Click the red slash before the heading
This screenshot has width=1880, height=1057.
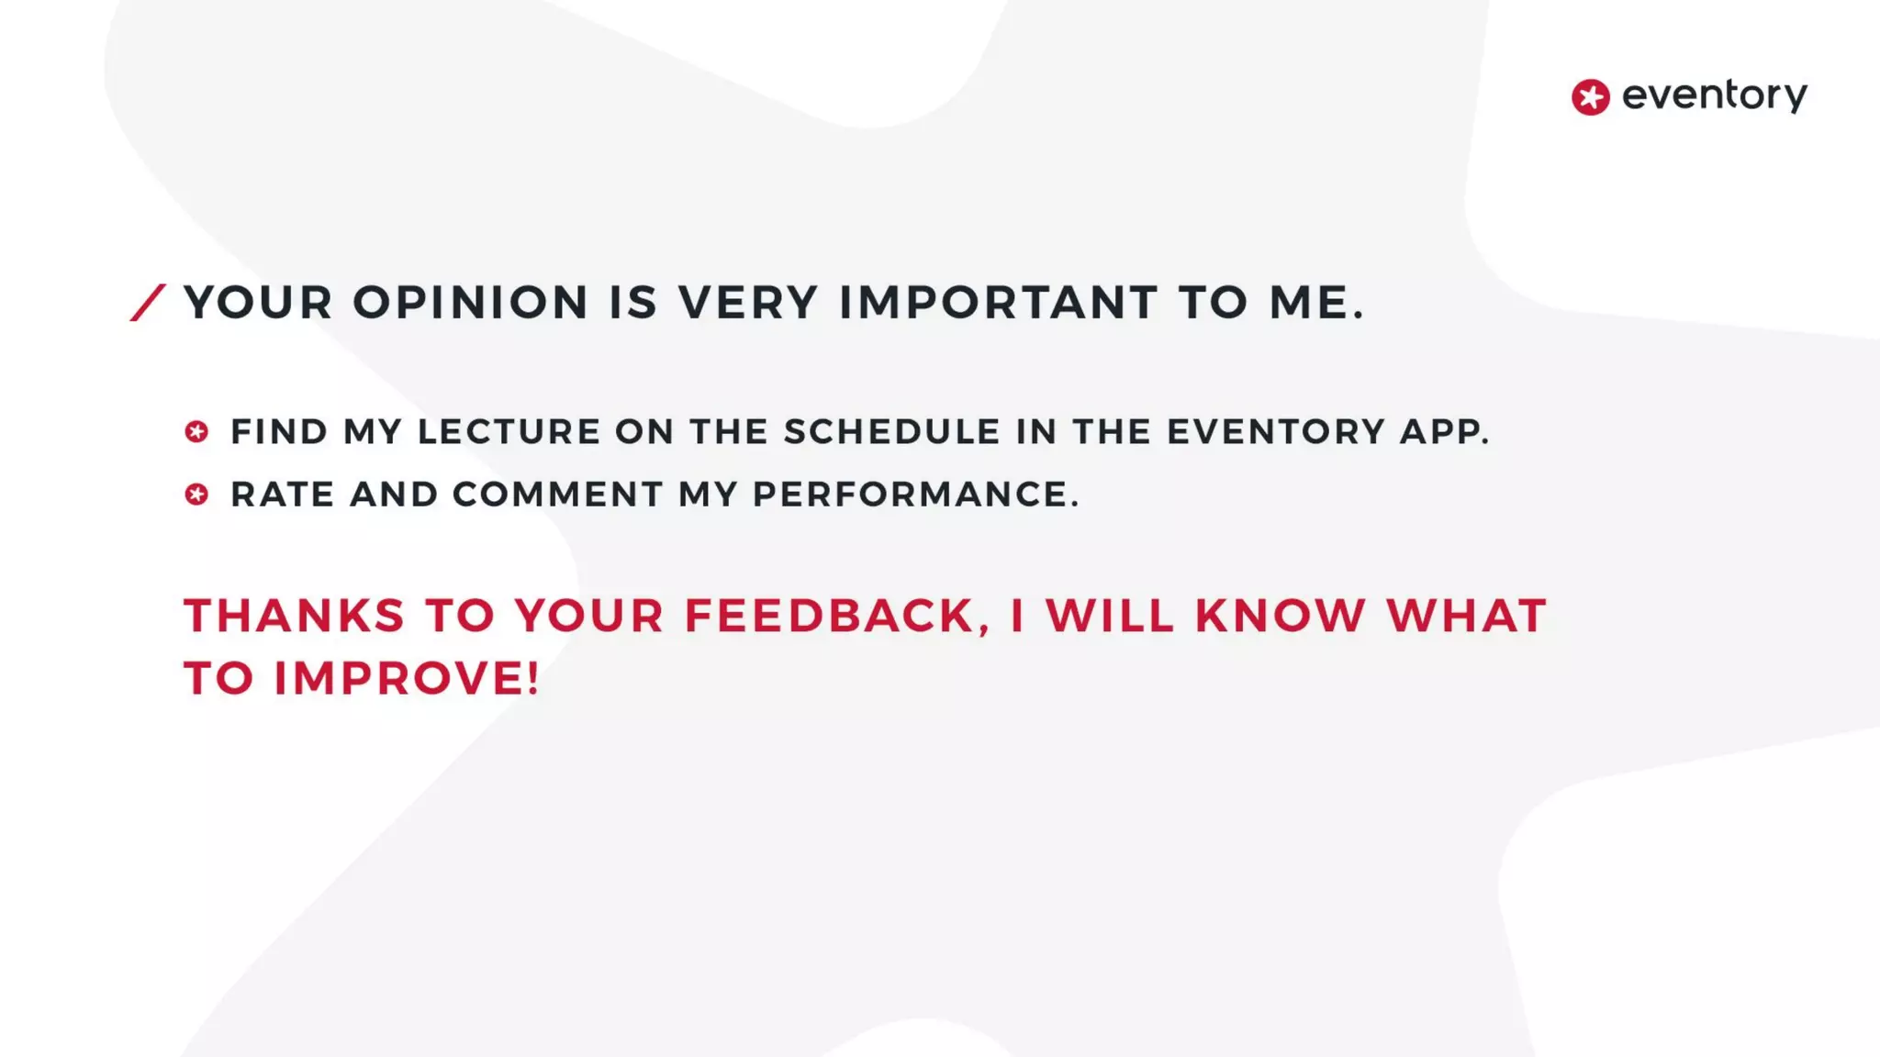click(148, 303)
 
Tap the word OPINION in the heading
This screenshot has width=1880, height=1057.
click(470, 303)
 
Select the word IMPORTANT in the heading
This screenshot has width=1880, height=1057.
click(999, 303)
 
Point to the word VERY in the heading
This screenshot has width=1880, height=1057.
click(747, 303)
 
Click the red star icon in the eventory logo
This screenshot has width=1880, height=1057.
click(1590, 97)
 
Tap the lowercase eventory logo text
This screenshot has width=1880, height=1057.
click(1714, 95)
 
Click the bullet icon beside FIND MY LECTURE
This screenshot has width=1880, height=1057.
click(196, 431)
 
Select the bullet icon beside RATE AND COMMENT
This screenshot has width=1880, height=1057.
click(196, 495)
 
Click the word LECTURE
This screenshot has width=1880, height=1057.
click(509, 431)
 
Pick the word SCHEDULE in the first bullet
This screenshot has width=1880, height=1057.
click(891, 431)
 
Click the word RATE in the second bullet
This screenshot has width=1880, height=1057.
click(282, 495)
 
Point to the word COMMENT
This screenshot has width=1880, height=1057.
click(557, 495)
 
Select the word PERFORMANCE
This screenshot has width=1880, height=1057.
click(914, 495)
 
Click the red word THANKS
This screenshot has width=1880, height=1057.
click(294, 616)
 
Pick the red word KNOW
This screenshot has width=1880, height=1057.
click(1280, 616)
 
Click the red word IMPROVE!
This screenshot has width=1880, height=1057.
click(407, 679)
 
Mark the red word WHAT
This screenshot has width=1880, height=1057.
click(1466, 616)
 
